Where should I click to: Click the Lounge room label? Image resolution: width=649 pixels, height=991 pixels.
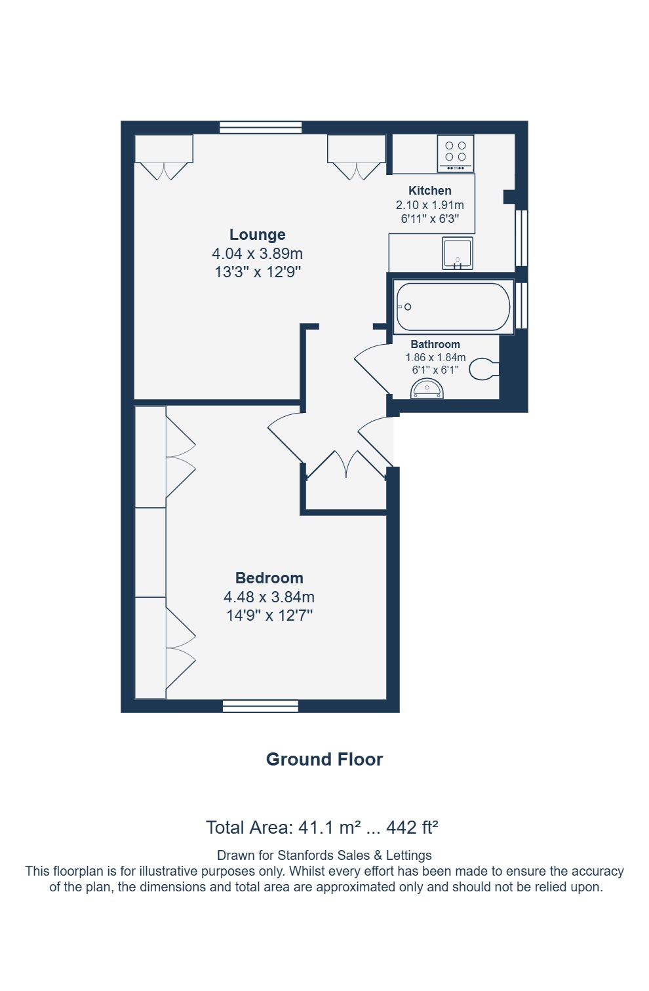pyautogui.click(x=257, y=234)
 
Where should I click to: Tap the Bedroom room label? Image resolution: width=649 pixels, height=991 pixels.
pyautogui.click(x=269, y=577)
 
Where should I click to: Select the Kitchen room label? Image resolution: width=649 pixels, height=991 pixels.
pyautogui.click(x=429, y=190)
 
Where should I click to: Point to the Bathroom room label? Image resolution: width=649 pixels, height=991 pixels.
pyautogui.click(x=435, y=343)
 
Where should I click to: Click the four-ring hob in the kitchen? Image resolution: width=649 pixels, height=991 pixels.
pyautogui.click(x=455, y=153)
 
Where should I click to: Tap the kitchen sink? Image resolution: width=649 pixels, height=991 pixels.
pyautogui.click(x=458, y=254)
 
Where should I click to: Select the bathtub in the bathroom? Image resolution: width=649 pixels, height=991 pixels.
pyautogui.click(x=454, y=307)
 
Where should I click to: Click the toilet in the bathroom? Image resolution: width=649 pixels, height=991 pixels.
pyautogui.click(x=484, y=369)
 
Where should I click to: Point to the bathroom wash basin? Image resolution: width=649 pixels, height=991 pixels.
pyautogui.click(x=427, y=390)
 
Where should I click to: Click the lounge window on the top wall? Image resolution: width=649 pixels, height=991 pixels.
pyautogui.click(x=261, y=127)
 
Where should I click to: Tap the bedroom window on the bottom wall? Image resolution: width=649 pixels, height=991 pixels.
pyautogui.click(x=260, y=706)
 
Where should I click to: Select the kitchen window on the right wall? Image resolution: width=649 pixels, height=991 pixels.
pyautogui.click(x=522, y=238)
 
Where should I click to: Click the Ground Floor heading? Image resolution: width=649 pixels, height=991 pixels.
pyautogui.click(x=324, y=759)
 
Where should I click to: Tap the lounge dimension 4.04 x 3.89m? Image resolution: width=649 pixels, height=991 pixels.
pyautogui.click(x=257, y=254)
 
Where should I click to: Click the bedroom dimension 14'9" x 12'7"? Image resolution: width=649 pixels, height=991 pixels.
pyautogui.click(x=269, y=615)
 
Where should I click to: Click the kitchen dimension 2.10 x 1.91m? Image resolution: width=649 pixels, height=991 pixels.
pyautogui.click(x=429, y=205)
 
